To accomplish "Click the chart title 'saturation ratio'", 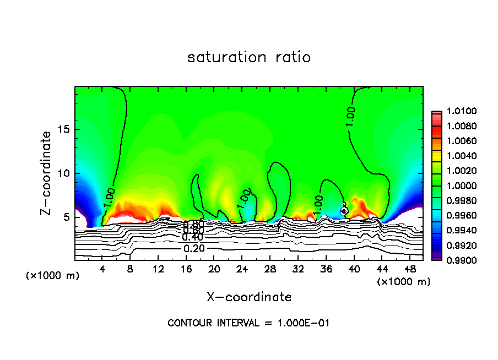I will tap(249, 57).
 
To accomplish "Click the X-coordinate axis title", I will tap(249, 297).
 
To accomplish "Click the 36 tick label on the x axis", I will tap(326, 269).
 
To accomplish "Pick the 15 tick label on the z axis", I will tap(64, 129).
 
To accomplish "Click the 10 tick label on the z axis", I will tap(64, 173).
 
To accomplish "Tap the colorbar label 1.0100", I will tap(458, 112).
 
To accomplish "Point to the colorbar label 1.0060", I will tap(458, 141).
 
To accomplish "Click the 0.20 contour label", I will tap(193, 248).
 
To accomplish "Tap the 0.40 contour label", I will tap(193, 237).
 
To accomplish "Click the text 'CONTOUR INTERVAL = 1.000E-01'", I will tap(248, 323).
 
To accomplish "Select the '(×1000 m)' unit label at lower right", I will tap(403, 281).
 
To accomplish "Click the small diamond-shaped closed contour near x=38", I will tap(344, 210).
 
